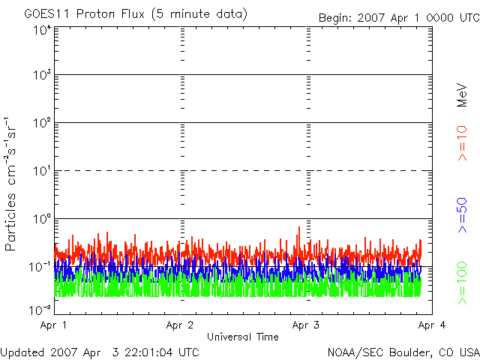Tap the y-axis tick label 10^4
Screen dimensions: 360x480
coord(42,31)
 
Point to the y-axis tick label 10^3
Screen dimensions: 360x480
coord(42,75)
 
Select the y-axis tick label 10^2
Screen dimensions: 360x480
coord(42,122)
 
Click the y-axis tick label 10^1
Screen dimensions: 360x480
coord(42,170)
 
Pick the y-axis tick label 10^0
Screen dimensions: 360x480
coord(42,218)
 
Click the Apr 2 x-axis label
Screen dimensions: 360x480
coord(181,325)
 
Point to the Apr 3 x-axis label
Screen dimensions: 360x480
coord(307,325)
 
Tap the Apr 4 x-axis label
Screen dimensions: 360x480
coord(433,325)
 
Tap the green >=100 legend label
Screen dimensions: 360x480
coord(462,283)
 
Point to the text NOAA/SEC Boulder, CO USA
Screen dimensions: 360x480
coord(403,352)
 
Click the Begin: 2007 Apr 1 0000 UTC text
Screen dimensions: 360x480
coord(397,17)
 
